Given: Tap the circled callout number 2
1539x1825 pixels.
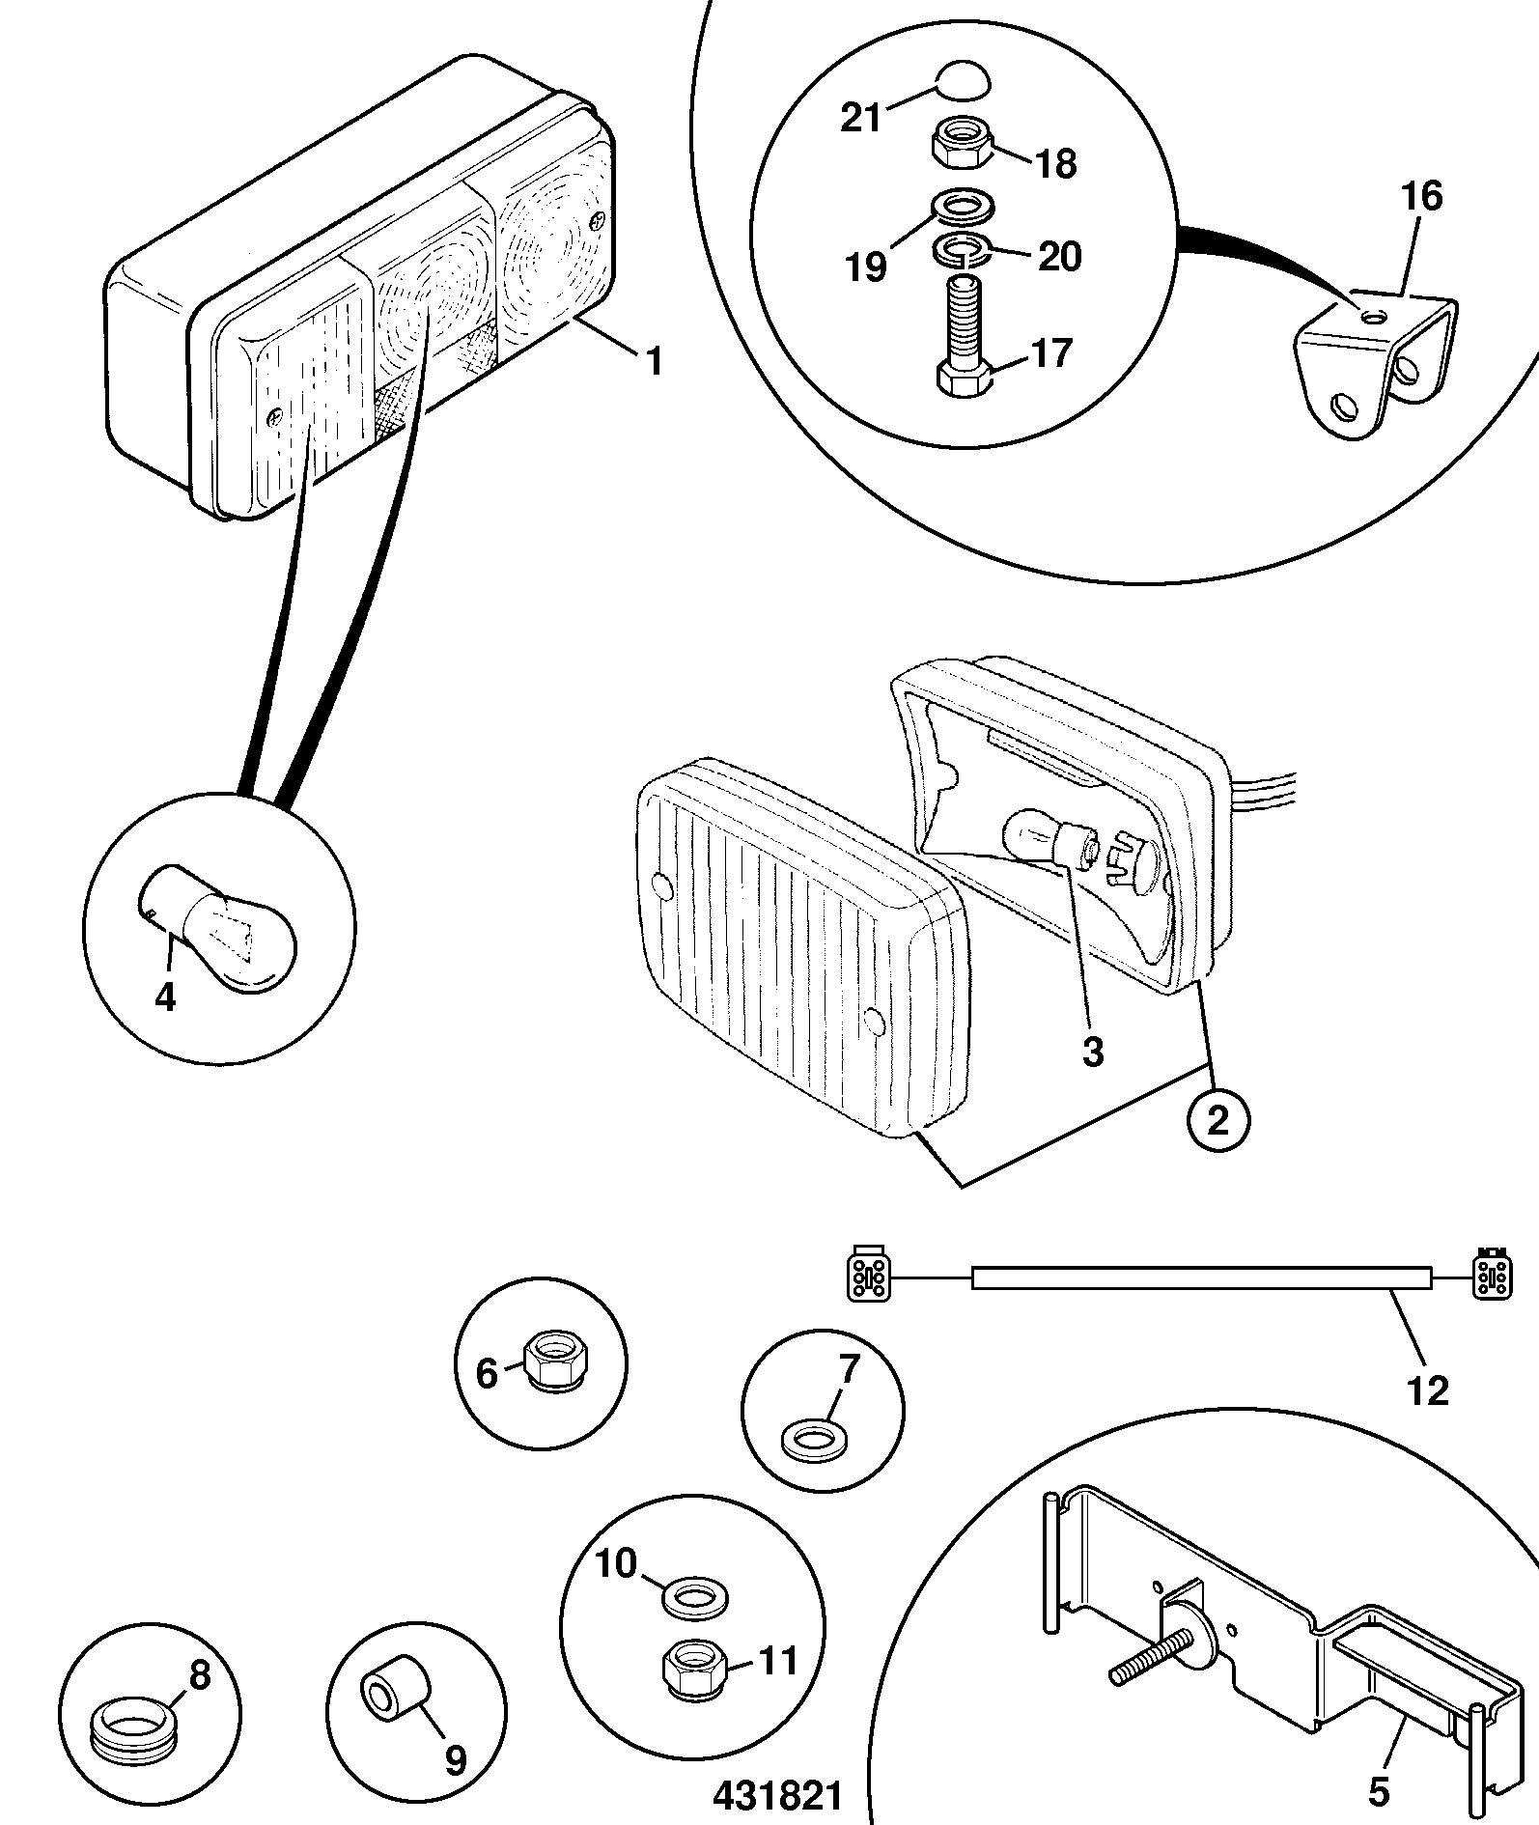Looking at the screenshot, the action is [1218, 1121].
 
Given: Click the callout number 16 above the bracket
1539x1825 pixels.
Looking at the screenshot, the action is [1422, 196].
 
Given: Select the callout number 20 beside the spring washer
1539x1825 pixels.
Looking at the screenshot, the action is [1059, 257].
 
